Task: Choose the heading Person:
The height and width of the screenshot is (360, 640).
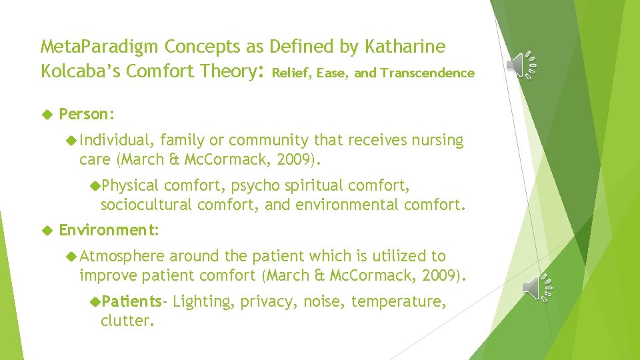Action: point(87,114)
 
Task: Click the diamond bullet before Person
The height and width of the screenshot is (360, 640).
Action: point(46,114)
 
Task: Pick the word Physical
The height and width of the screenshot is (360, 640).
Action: point(130,185)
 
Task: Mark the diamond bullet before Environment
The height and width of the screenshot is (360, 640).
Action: point(46,230)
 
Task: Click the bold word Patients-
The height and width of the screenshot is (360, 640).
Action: point(132,301)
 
